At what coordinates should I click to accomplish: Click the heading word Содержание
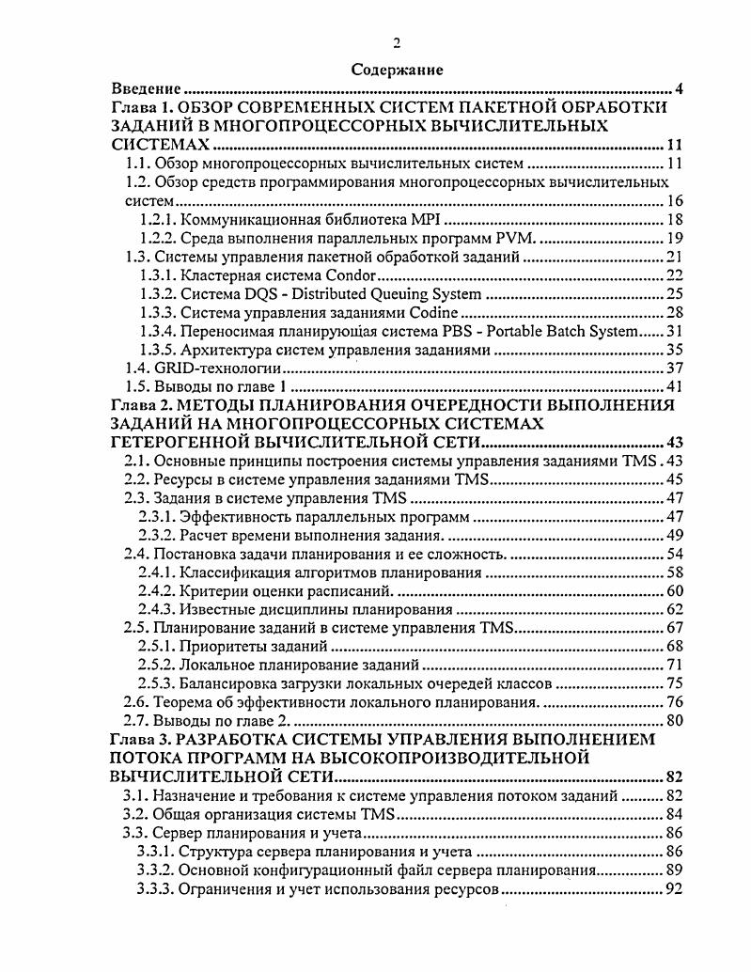(396, 70)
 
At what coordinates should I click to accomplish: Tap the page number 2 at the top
(397, 42)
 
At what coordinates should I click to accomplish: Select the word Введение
(146, 88)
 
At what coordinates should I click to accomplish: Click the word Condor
(348, 274)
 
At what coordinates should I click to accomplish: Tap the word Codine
(431, 312)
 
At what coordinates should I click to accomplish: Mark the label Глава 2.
(141, 405)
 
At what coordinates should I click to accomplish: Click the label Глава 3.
(141, 739)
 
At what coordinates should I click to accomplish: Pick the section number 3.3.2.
(156, 870)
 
